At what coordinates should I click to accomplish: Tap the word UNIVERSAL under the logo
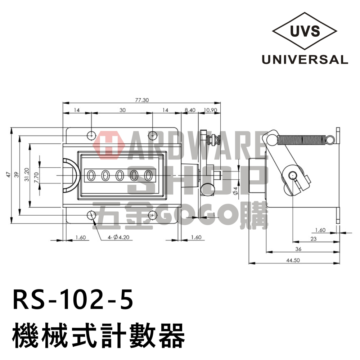(x=305, y=59)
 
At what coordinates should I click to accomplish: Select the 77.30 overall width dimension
(x=142, y=100)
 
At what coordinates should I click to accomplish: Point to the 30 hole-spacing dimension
(x=122, y=111)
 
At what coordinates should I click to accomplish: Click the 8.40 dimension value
(x=189, y=111)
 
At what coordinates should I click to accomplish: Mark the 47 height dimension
(x=8, y=175)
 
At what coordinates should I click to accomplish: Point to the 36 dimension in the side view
(x=298, y=249)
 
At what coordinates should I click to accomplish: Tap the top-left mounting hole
(x=92, y=135)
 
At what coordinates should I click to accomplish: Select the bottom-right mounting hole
(x=153, y=215)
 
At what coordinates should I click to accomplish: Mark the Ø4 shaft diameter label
(x=236, y=190)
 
